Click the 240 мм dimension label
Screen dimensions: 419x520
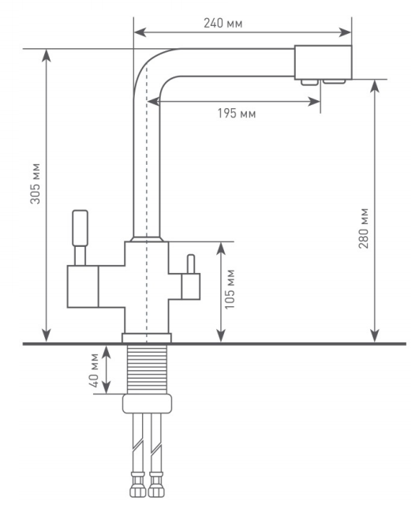tap(223, 24)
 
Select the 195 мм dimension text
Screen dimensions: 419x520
tap(237, 114)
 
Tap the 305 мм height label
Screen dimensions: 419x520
tap(36, 183)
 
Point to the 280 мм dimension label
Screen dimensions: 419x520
tap(364, 228)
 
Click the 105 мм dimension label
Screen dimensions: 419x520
tap(230, 289)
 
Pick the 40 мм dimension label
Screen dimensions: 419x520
tap(94, 370)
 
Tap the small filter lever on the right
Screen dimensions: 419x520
tap(191, 264)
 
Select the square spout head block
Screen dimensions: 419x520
tap(323, 62)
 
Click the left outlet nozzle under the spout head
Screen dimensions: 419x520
tap(310, 82)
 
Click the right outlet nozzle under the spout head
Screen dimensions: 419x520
tap(335, 81)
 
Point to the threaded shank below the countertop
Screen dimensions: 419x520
tap(147, 369)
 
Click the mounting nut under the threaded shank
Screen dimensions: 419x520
tap(147, 403)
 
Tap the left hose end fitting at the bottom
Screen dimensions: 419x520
tap(137, 484)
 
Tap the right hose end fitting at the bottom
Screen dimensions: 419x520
tap(156, 484)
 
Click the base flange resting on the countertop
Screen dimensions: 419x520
tap(147, 338)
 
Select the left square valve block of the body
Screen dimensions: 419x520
tap(83, 286)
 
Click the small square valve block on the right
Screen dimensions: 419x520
tap(191, 286)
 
